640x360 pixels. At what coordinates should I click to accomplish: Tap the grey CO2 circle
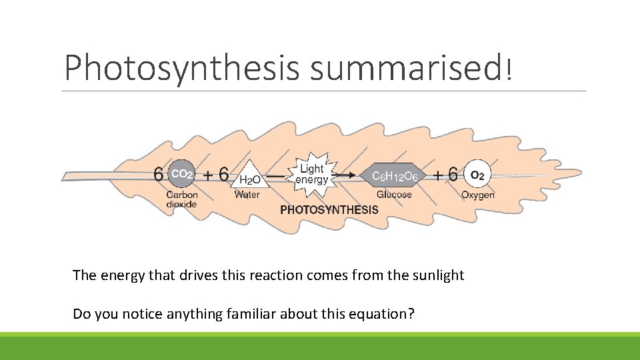click(x=181, y=175)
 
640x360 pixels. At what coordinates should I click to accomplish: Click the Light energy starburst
click(x=312, y=175)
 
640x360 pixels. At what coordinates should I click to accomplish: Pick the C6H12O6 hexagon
click(x=395, y=175)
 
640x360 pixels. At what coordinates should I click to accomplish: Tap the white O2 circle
click(x=477, y=175)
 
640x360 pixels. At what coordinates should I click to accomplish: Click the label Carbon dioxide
click(x=182, y=199)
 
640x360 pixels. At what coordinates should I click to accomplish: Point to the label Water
click(x=247, y=195)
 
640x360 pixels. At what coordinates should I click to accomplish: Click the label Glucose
click(x=394, y=195)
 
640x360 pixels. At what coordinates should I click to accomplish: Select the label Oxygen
click(x=478, y=195)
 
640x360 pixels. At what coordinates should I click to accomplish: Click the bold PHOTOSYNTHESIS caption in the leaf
click(x=329, y=210)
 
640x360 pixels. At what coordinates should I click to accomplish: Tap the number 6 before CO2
click(x=159, y=175)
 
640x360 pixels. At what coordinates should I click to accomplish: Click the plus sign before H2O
click(x=209, y=175)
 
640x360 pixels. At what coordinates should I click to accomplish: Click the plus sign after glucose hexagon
click(x=438, y=175)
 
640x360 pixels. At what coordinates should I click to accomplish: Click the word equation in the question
click(x=384, y=313)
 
